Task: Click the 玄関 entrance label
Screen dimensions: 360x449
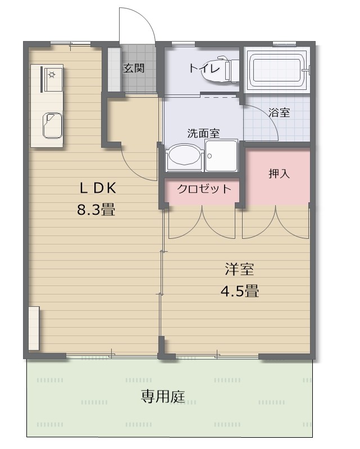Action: (x=134, y=68)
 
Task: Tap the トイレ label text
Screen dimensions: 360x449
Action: (x=204, y=68)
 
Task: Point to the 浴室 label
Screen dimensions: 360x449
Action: (x=279, y=112)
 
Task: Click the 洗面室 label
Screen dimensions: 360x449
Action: (x=203, y=133)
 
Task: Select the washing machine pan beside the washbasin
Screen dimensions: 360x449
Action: (x=221, y=156)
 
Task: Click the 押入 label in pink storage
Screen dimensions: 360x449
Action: (x=279, y=174)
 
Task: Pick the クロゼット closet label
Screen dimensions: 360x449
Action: (x=204, y=189)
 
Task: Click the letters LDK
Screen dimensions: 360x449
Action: (x=98, y=188)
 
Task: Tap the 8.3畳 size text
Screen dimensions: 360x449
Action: (x=96, y=210)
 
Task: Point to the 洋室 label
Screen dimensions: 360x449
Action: (x=239, y=269)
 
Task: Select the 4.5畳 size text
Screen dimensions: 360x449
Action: (x=240, y=291)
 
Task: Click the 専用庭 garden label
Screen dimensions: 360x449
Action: (x=163, y=397)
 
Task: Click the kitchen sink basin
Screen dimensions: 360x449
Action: (x=53, y=126)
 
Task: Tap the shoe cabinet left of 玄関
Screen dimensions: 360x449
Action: (x=114, y=70)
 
